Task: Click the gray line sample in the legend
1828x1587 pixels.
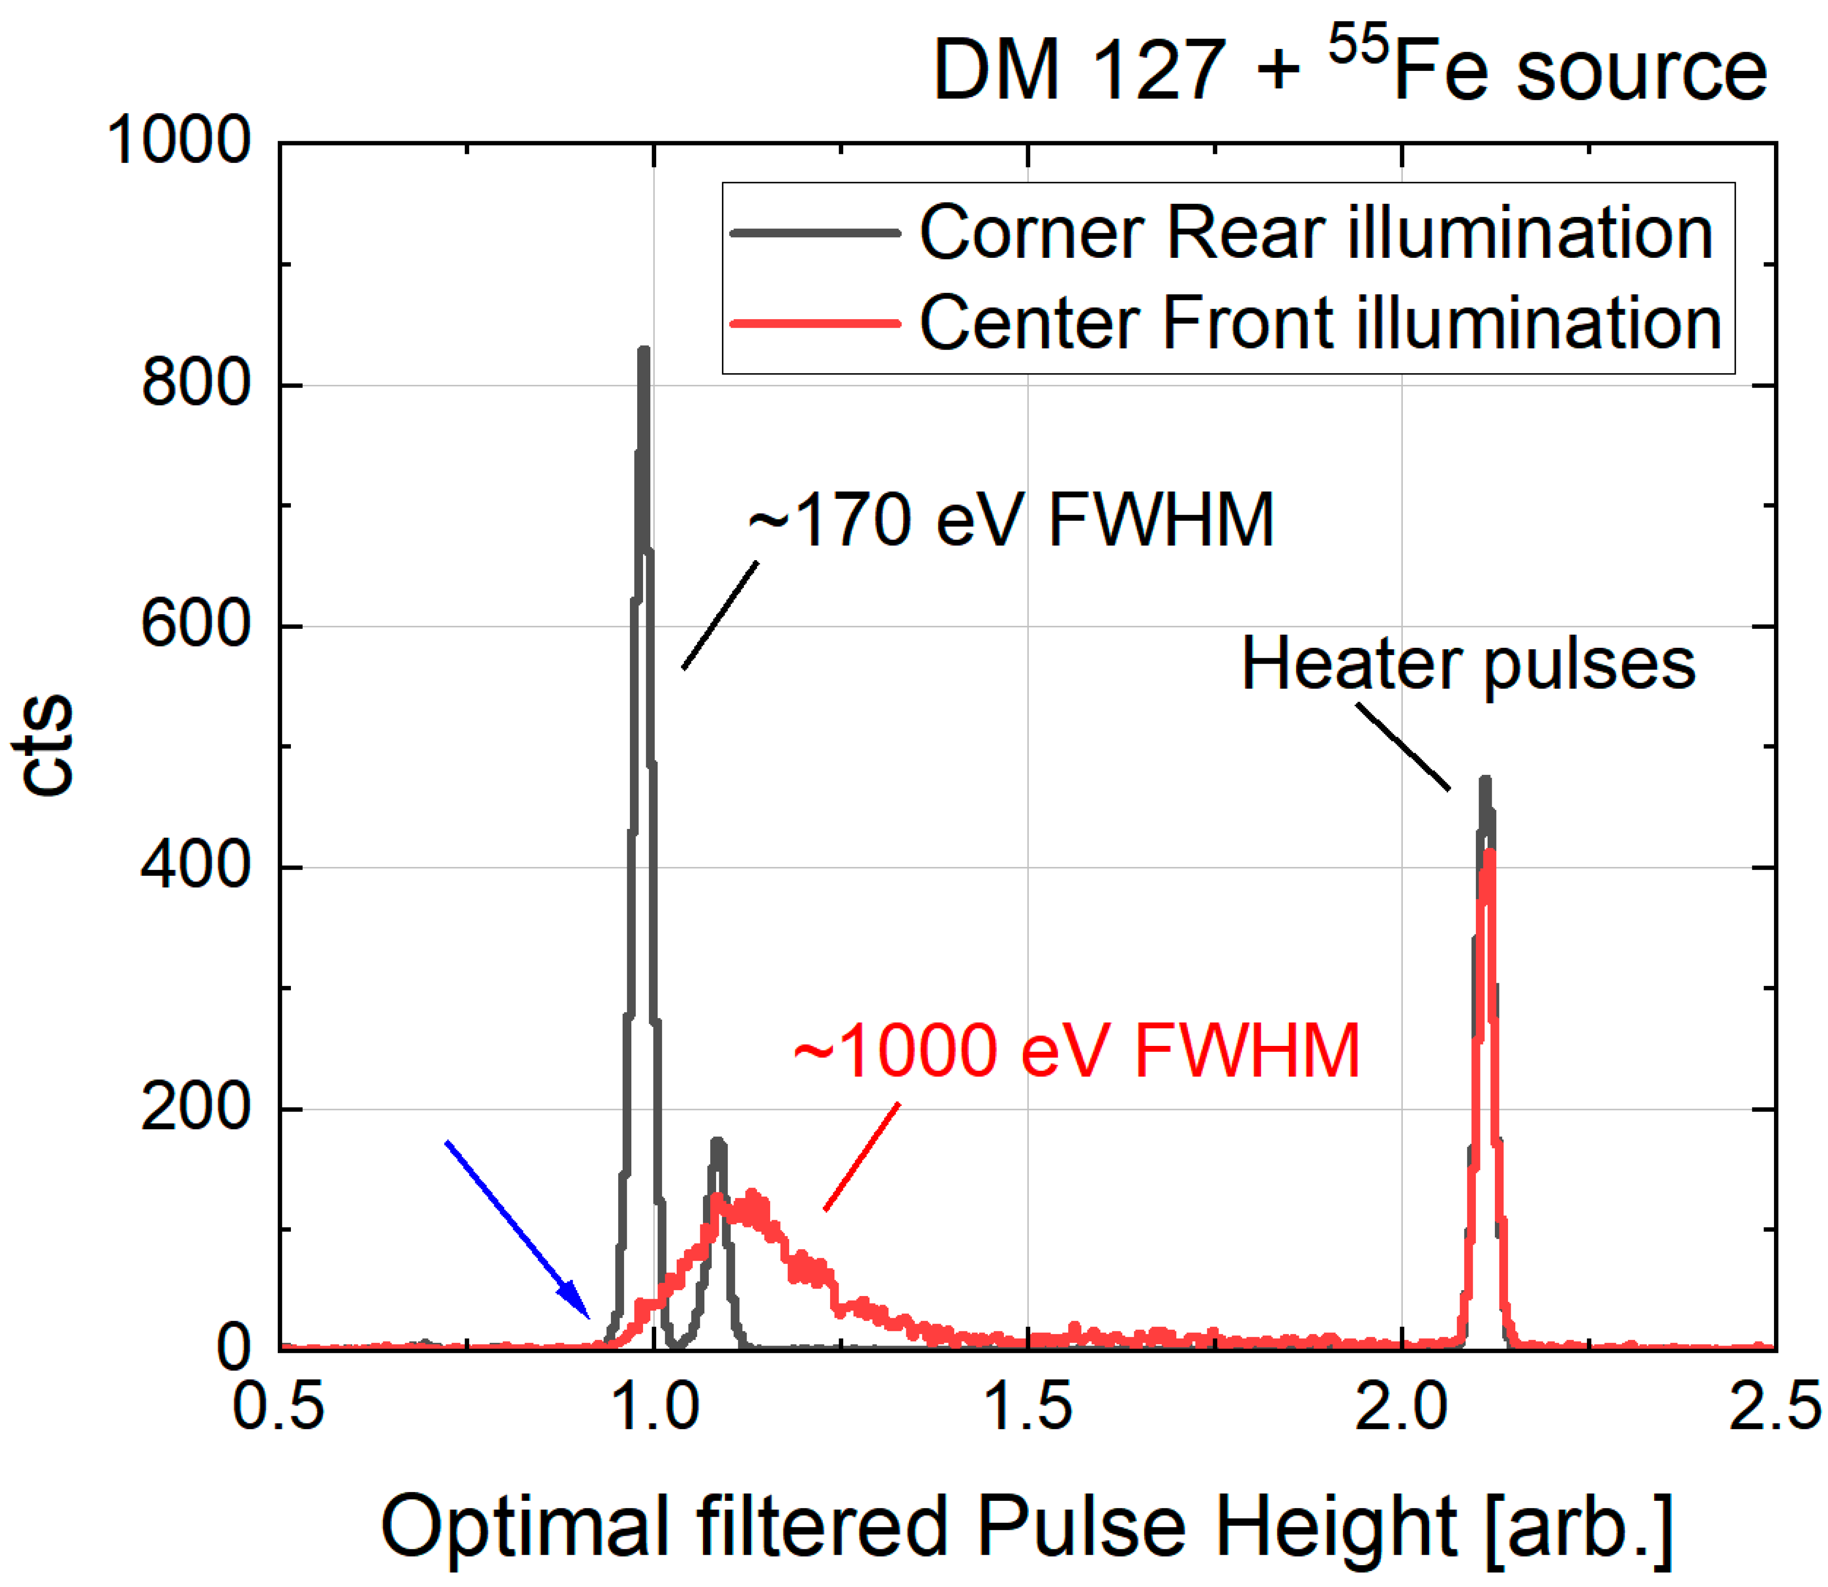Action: click(815, 233)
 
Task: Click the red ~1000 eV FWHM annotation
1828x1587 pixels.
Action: click(1076, 1051)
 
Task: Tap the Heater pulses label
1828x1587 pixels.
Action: click(1468, 664)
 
